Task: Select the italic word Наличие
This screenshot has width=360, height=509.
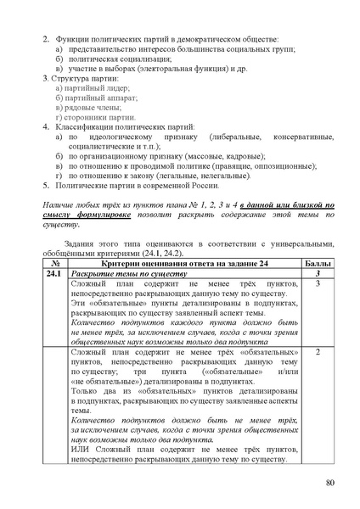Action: pos(61,204)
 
